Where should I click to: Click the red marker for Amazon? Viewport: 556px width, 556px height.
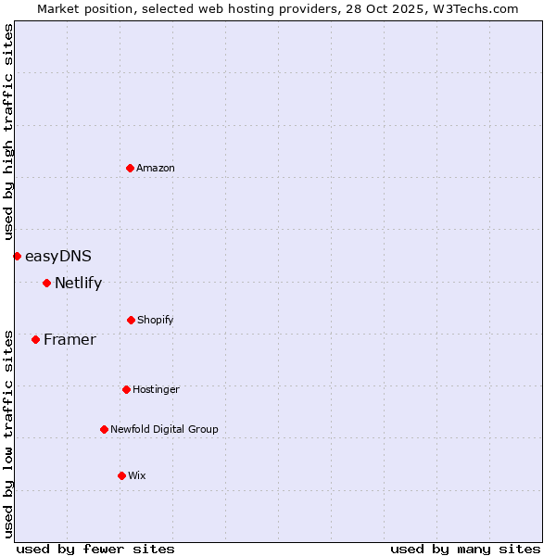coord(130,168)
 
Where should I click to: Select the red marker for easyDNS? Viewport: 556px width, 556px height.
coord(17,256)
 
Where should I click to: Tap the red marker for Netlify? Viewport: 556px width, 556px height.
coord(46,283)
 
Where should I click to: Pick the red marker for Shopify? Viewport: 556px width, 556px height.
coord(131,320)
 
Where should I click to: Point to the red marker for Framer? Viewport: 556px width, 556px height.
coord(35,339)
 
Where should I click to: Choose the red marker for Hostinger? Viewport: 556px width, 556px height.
coord(126,389)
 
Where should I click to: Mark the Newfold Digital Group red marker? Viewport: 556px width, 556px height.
coord(104,429)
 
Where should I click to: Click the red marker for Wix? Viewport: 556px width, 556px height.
coord(121,475)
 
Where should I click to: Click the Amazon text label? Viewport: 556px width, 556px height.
coord(156,168)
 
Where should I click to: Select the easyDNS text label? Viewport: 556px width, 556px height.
coord(58,256)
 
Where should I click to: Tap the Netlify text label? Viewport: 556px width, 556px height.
coord(78,283)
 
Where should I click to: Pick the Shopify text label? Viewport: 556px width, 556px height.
coord(156,320)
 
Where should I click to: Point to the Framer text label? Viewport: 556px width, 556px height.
coord(69,339)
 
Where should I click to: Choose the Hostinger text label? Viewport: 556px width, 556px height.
coord(156,389)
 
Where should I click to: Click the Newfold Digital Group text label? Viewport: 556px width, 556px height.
coord(164,429)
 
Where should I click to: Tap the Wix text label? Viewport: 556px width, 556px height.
coord(137,475)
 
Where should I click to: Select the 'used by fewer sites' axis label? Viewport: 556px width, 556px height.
coord(95,549)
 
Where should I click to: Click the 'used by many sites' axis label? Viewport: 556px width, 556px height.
coord(465,549)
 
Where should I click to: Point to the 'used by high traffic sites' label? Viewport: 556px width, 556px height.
coord(8,132)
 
